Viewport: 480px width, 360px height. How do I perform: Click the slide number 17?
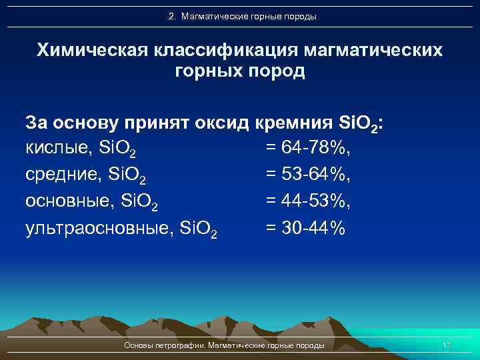point(447,345)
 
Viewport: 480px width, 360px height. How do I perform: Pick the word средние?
point(60,174)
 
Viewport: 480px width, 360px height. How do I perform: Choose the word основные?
point(65,201)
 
